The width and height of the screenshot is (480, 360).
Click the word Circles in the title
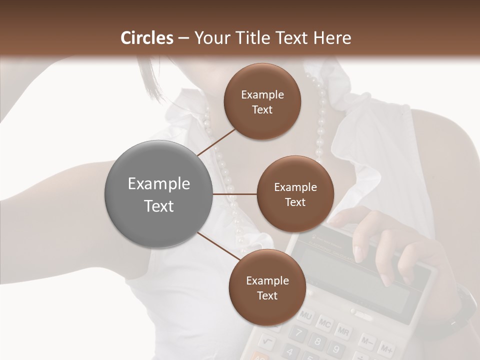[147, 38]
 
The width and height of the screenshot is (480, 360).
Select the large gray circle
[159, 194]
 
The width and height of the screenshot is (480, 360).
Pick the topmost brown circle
[262, 101]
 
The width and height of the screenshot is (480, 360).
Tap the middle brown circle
[295, 194]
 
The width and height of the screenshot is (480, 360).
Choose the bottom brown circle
[267, 287]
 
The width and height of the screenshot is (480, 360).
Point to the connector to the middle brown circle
[235, 194]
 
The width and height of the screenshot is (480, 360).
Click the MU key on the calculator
[305, 316]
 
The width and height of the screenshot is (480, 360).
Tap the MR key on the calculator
[343, 331]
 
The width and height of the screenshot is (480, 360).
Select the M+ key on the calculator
[385, 348]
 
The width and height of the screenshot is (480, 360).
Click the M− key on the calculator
[366, 341]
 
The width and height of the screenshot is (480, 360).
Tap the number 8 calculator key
[316, 342]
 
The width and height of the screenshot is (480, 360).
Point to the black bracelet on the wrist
[462, 310]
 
